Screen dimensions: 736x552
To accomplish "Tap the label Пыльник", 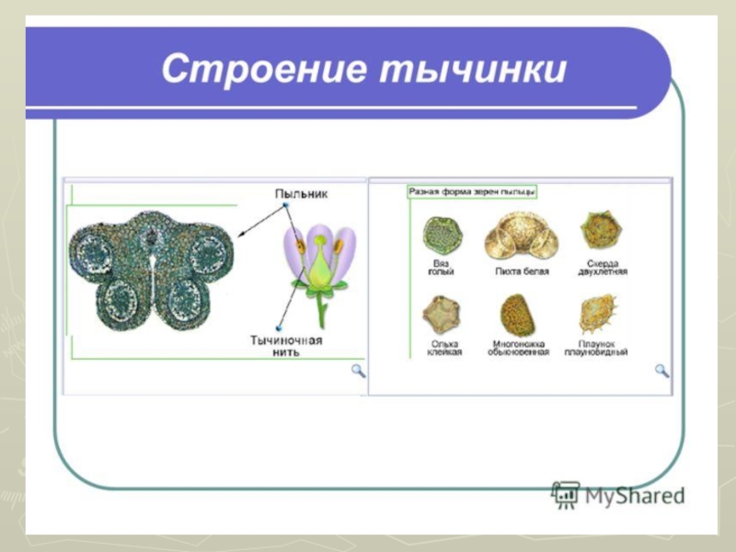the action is (300, 194).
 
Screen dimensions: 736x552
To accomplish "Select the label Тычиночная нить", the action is (286, 346).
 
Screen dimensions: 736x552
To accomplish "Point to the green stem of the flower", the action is (321, 308).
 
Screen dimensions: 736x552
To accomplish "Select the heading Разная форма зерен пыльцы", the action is (472, 191).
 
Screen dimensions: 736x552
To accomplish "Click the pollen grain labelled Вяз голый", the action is (443, 236).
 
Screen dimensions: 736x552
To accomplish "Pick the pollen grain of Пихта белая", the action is (522, 236).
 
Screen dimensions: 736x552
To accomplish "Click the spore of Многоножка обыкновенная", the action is (518, 315).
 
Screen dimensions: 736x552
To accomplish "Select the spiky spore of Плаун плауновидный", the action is (598, 315).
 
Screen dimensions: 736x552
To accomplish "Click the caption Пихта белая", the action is (522, 272).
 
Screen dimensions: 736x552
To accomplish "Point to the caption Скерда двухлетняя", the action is (602, 268).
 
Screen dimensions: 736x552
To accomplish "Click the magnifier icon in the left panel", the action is (358, 371).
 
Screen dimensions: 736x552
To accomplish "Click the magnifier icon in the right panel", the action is (661, 370).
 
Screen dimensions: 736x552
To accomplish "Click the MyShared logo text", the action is (635, 496).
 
